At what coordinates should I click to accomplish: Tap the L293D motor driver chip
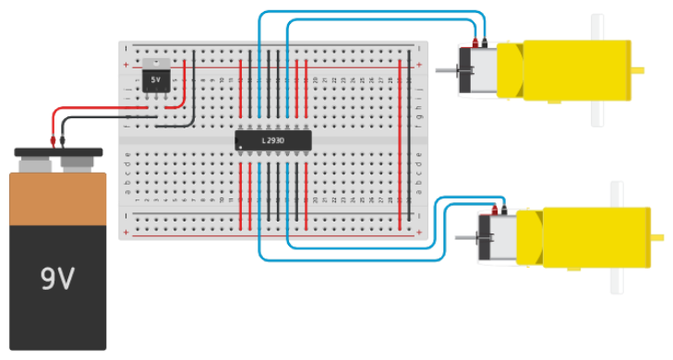[272, 140]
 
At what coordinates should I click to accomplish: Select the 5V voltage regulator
[155, 80]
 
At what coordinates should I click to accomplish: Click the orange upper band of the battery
[57, 198]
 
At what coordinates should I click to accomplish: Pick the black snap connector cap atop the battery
[57, 151]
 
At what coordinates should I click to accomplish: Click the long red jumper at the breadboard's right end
[399, 138]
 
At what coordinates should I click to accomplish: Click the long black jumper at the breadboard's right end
[408, 138]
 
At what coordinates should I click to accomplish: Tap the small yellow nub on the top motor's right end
[636, 69]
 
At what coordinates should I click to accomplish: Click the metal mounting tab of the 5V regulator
[155, 64]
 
